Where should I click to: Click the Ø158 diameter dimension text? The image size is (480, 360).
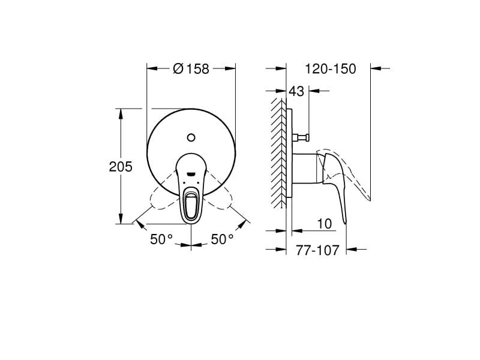click(x=191, y=69)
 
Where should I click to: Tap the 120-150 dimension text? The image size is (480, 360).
click(x=330, y=69)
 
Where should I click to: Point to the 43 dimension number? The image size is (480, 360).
click(x=296, y=91)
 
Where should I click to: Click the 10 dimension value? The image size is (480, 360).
click(x=324, y=223)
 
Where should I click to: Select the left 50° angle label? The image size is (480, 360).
click(x=161, y=239)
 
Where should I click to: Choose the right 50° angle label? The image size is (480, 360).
click(x=222, y=239)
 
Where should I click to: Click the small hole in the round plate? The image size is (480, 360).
click(x=191, y=136)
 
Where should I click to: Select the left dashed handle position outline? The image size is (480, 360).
click(x=157, y=200)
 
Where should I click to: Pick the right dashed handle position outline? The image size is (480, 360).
click(x=224, y=200)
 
